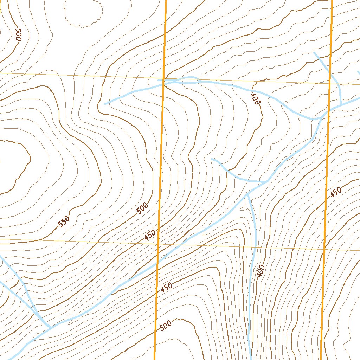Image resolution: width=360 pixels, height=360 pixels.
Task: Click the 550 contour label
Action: pyautogui.click(x=64, y=221)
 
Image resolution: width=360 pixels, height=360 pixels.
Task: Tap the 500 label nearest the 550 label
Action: pyautogui.click(x=142, y=209)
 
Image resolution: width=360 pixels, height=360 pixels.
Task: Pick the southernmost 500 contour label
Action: pyautogui.click(x=165, y=326)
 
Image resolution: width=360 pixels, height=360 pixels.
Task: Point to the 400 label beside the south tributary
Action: pyautogui.click(x=260, y=271)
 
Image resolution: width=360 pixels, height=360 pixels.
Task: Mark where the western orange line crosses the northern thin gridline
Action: pyautogui.click(x=163, y=78)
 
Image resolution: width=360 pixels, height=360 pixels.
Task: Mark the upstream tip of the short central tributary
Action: pyautogui.click(x=211, y=159)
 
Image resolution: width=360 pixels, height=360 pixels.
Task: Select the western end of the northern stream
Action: pyautogui.click(x=105, y=104)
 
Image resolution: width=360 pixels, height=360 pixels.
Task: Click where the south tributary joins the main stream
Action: pyautogui.click(x=248, y=193)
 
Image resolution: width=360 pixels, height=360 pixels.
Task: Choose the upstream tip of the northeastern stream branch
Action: pyautogui.click(x=314, y=53)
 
